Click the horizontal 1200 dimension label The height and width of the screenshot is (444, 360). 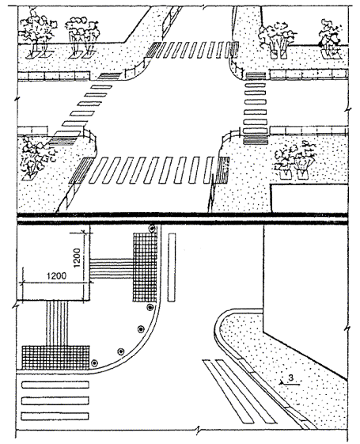[x=57, y=275]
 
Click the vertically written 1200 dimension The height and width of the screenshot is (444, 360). [x=77, y=258]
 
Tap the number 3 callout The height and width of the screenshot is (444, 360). [x=290, y=378]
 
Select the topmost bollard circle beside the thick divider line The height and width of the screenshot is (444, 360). [x=153, y=228]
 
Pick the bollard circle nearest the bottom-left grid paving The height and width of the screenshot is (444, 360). [x=94, y=362]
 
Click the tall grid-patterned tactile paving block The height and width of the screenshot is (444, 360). [x=145, y=267]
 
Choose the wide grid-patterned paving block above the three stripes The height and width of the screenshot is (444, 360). [x=55, y=358]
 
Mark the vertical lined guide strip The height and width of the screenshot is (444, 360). [x=57, y=323]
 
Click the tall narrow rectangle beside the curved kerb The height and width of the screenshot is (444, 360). [x=172, y=268]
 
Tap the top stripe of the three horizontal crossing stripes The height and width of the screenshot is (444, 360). [x=55, y=385]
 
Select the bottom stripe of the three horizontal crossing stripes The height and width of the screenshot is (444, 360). [x=55, y=416]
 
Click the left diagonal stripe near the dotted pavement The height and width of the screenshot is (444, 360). [x=229, y=391]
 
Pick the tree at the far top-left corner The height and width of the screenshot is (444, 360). [x=36, y=33]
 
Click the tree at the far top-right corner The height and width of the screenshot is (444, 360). [x=331, y=38]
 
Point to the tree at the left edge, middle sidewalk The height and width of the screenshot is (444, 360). [x=35, y=157]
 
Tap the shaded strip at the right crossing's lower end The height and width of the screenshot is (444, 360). [x=256, y=140]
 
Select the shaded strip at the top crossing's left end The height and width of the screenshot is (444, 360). [x=154, y=50]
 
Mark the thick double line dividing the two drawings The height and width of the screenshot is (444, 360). [x=183, y=219]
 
